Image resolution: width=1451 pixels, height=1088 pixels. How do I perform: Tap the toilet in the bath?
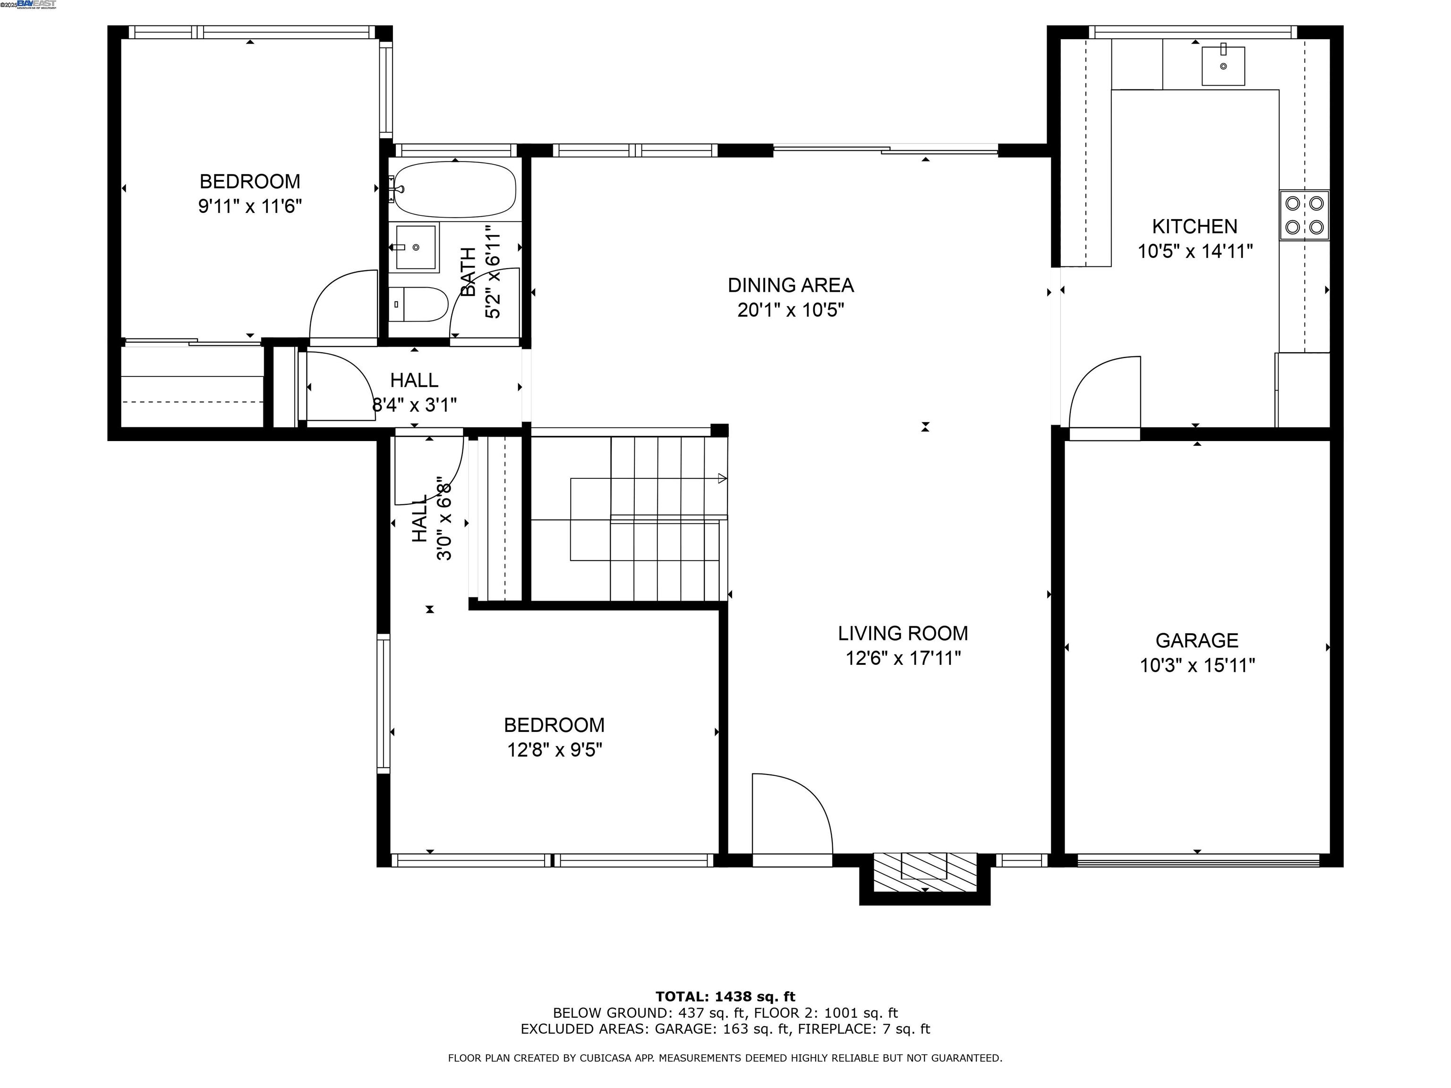pos(418,304)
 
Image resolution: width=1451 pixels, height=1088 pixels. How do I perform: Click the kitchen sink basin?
pos(1223,66)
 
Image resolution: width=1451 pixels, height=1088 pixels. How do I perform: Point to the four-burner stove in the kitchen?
pos(1305,215)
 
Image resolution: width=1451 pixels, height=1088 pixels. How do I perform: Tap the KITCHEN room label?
pos(1195,226)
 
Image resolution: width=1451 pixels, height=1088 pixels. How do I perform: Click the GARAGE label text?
pos(1197,640)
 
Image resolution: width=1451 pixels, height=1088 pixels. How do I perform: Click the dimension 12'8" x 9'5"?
pos(555,749)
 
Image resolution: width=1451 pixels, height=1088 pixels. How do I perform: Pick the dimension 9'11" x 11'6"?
pos(250,206)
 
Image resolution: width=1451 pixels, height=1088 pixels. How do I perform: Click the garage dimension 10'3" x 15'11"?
pos(1197,665)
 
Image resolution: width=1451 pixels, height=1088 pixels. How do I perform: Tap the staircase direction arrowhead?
pos(722,478)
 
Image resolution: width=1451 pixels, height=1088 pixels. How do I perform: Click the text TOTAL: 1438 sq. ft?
pos(725,997)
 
